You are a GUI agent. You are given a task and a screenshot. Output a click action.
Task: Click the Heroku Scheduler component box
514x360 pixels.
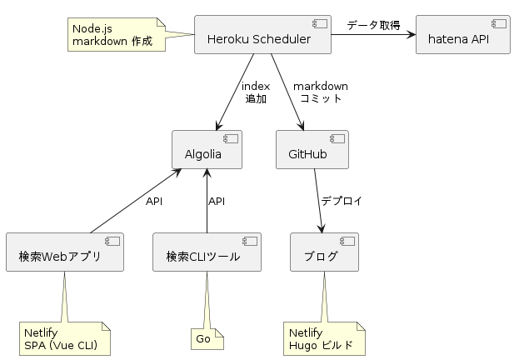tap(262, 34)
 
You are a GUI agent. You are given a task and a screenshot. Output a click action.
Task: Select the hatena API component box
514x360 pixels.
tap(463, 34)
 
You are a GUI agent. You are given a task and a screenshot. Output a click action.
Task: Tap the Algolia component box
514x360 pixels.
tap(207, 149)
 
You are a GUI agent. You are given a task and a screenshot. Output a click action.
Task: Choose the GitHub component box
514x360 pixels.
tap(312, 149)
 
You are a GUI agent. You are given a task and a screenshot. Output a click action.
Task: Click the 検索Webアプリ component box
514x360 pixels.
tap(65, 252)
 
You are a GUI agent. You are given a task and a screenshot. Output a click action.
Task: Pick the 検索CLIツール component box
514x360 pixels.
tap(207, 252)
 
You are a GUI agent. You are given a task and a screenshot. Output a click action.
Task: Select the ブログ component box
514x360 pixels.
tap(324, 252)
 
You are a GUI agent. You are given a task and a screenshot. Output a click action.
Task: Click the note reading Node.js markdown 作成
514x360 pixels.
tap(117, 34)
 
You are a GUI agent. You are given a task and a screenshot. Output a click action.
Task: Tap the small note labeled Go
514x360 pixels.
tap(207, 338)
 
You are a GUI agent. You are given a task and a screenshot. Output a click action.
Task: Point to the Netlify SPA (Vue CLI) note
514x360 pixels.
tap(65, 338)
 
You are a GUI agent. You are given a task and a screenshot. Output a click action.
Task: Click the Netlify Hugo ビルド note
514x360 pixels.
tap(324, 338)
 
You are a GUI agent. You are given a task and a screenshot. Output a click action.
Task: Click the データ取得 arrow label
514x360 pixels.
tap(373, 25)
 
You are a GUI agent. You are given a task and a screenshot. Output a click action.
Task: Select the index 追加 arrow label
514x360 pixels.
tap(256, 92)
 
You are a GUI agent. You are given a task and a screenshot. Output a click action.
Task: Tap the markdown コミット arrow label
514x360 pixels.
tap(320, 92)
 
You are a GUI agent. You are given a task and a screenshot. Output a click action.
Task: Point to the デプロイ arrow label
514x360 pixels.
tap(342, 201)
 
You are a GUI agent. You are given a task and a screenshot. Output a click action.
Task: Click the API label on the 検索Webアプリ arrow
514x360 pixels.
tap(154, 202)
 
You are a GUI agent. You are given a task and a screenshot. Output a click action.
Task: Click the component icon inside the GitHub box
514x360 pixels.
tap(337, 138)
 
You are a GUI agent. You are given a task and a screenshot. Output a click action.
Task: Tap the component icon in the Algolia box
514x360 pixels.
tap(231, 138)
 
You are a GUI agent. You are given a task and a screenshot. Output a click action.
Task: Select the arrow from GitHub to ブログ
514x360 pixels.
tap(318, 201)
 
